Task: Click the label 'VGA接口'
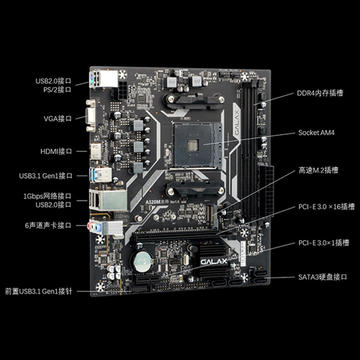tap(57, 118)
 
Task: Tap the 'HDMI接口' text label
tap(56, 152)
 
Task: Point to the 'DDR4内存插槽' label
tap(319, 93)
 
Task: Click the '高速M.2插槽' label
tap(319, 171)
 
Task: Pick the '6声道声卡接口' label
tap(48, 225)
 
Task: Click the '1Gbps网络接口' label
tap(47, 197)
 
